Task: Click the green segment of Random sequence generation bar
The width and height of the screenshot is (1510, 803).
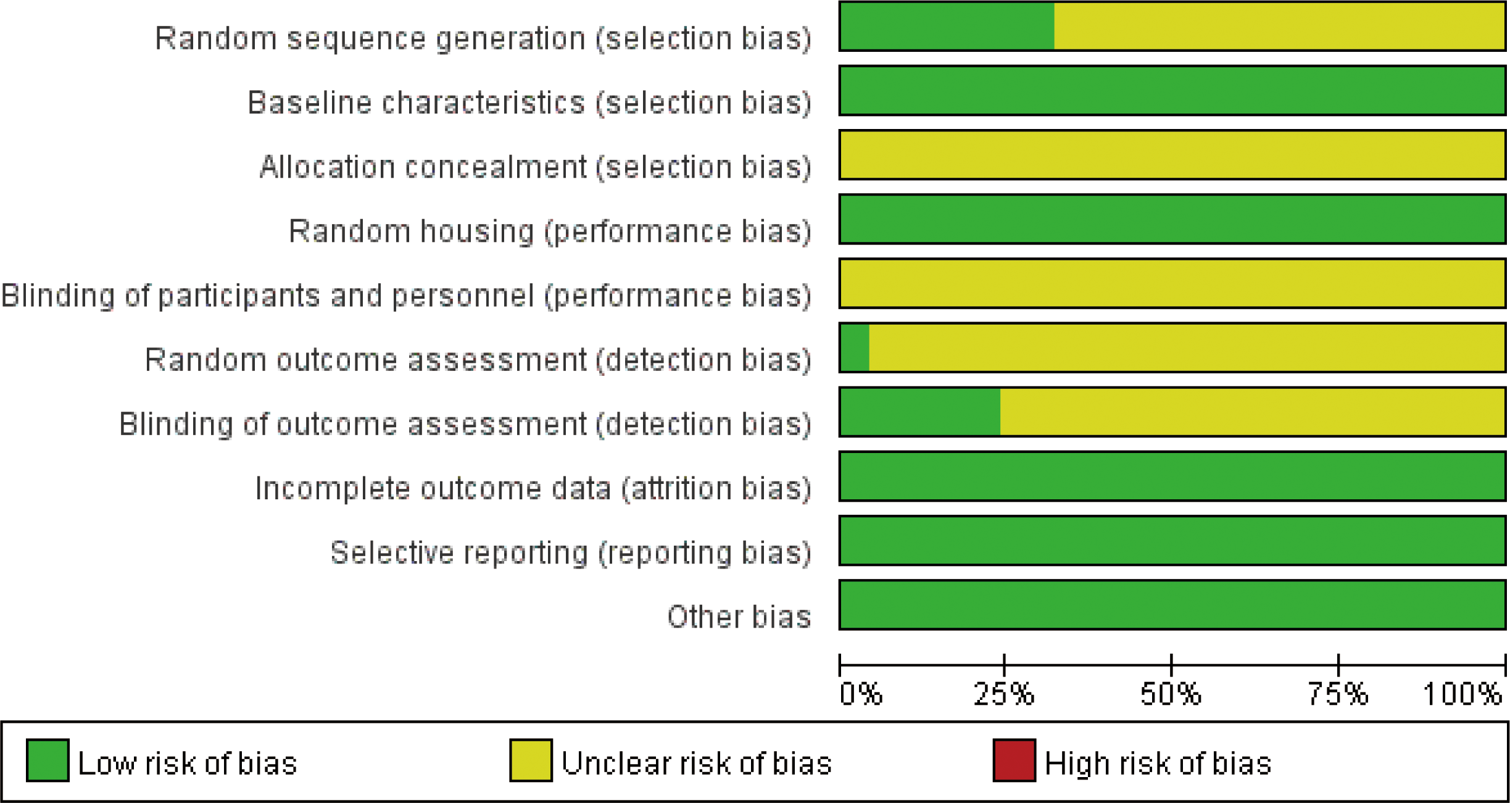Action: pyautogui.click(x=947, y=26)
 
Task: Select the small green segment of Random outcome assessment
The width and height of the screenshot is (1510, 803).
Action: pyautogui.click(x=855, y=347)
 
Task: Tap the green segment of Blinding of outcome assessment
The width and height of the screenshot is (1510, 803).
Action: pyautogui.click(x=920, y=412)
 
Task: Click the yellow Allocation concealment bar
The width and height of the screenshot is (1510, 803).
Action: pyautogui.click(x=1172, y=155)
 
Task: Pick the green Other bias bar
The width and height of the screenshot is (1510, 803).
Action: pyautogui.click(x=1172, y=605)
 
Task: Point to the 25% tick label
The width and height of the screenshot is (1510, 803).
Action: pyautogui.click(x=1004, y=694)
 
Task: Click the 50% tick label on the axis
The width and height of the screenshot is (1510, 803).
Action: pyautogui.click(x=1171, y=694)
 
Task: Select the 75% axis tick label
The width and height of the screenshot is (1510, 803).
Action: pyautogui.click(x=1338, y=694)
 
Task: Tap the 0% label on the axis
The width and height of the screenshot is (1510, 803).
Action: pyautogui.click(x=861, y=694)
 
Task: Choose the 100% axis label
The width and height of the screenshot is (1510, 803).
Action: pyautogui.click(x=1462, y=694)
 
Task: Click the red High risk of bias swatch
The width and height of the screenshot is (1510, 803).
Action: pyautogui.click(x=1014, y=760)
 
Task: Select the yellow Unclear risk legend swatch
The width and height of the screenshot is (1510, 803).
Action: pyautogui.click(x=531, y=760)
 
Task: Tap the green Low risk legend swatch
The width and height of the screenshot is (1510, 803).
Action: pyautogui.click(x=48, y=760)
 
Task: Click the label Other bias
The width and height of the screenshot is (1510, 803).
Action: pyautogui.click(x=739, y=617)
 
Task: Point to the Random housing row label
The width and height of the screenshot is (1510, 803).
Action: pyautogui.click(x=550, y=231)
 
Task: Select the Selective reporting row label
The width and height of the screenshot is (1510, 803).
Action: pyautogui.click(x=571, y=552)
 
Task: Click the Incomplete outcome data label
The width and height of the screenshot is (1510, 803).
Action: pyautogui.click(x=533, y=488)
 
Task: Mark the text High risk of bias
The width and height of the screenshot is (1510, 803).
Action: pyautogui.click(x=1158, y=763)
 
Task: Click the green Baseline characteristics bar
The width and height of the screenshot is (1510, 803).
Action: pyautogui.click(x=1172, y=91)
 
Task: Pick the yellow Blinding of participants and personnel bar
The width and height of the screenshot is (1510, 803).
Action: pyautogui.click(x=1172, y=283)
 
